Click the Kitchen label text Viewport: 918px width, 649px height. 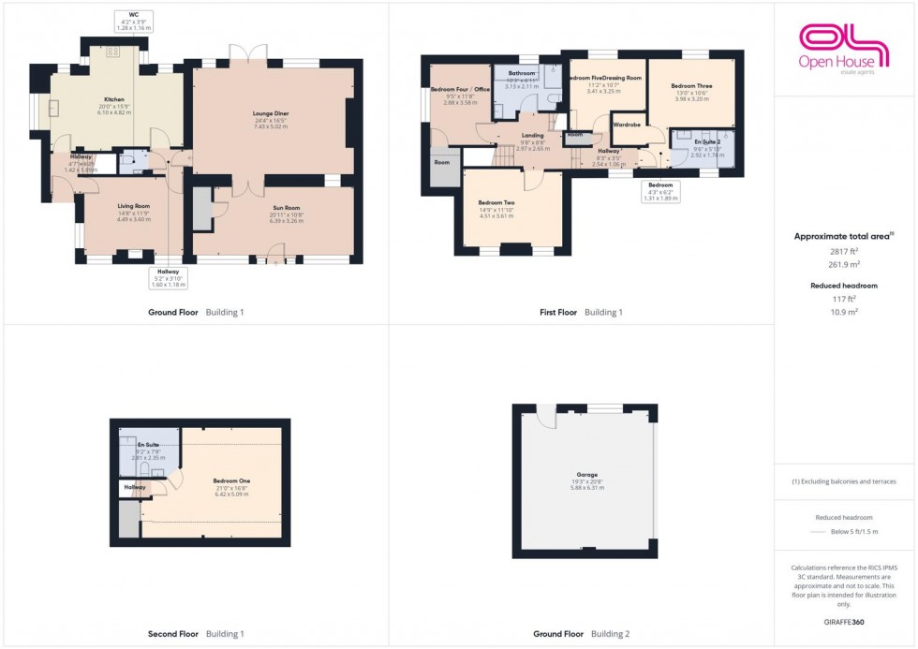114,98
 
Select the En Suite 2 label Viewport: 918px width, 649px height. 706,141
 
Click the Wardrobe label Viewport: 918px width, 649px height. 627,124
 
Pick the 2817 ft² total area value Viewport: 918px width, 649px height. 845,252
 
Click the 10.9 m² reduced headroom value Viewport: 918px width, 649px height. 845,310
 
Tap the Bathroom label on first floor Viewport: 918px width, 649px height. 522,73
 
